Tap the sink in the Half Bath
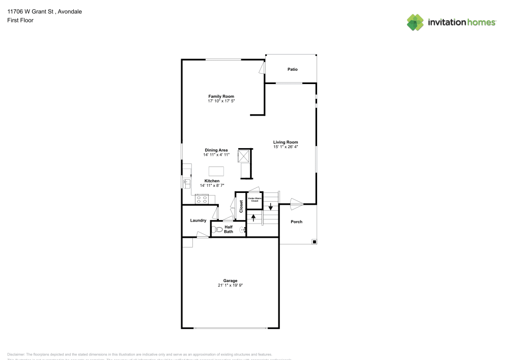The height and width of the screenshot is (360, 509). tap(243, 230)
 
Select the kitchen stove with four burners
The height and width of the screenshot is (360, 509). tap(202, 199)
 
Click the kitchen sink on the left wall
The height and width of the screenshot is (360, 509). tap(186, 182)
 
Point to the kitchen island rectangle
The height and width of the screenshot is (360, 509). tap(216, 171)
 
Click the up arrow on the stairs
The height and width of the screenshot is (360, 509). tap(253, 218)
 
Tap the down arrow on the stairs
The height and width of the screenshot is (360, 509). tap(271, 206)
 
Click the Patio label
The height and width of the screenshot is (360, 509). tap(292, 69)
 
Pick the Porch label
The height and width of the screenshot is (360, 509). tap(296, 221)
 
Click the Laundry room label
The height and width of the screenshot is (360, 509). tap(198, 220)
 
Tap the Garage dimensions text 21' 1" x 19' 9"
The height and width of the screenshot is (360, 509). tap(230, 285)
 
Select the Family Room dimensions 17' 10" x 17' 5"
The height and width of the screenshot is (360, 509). tap(221, 101)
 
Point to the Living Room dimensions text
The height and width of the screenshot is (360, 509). tap(285, 147)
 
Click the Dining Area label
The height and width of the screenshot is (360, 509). tap(216, 150)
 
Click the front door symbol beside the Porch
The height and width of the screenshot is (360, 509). tap(296, 204)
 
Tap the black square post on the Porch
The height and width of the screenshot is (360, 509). tap(314, 241)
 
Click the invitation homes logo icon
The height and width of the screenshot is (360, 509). tap(415, 22)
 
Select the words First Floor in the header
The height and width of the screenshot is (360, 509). tap(20, 20)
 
